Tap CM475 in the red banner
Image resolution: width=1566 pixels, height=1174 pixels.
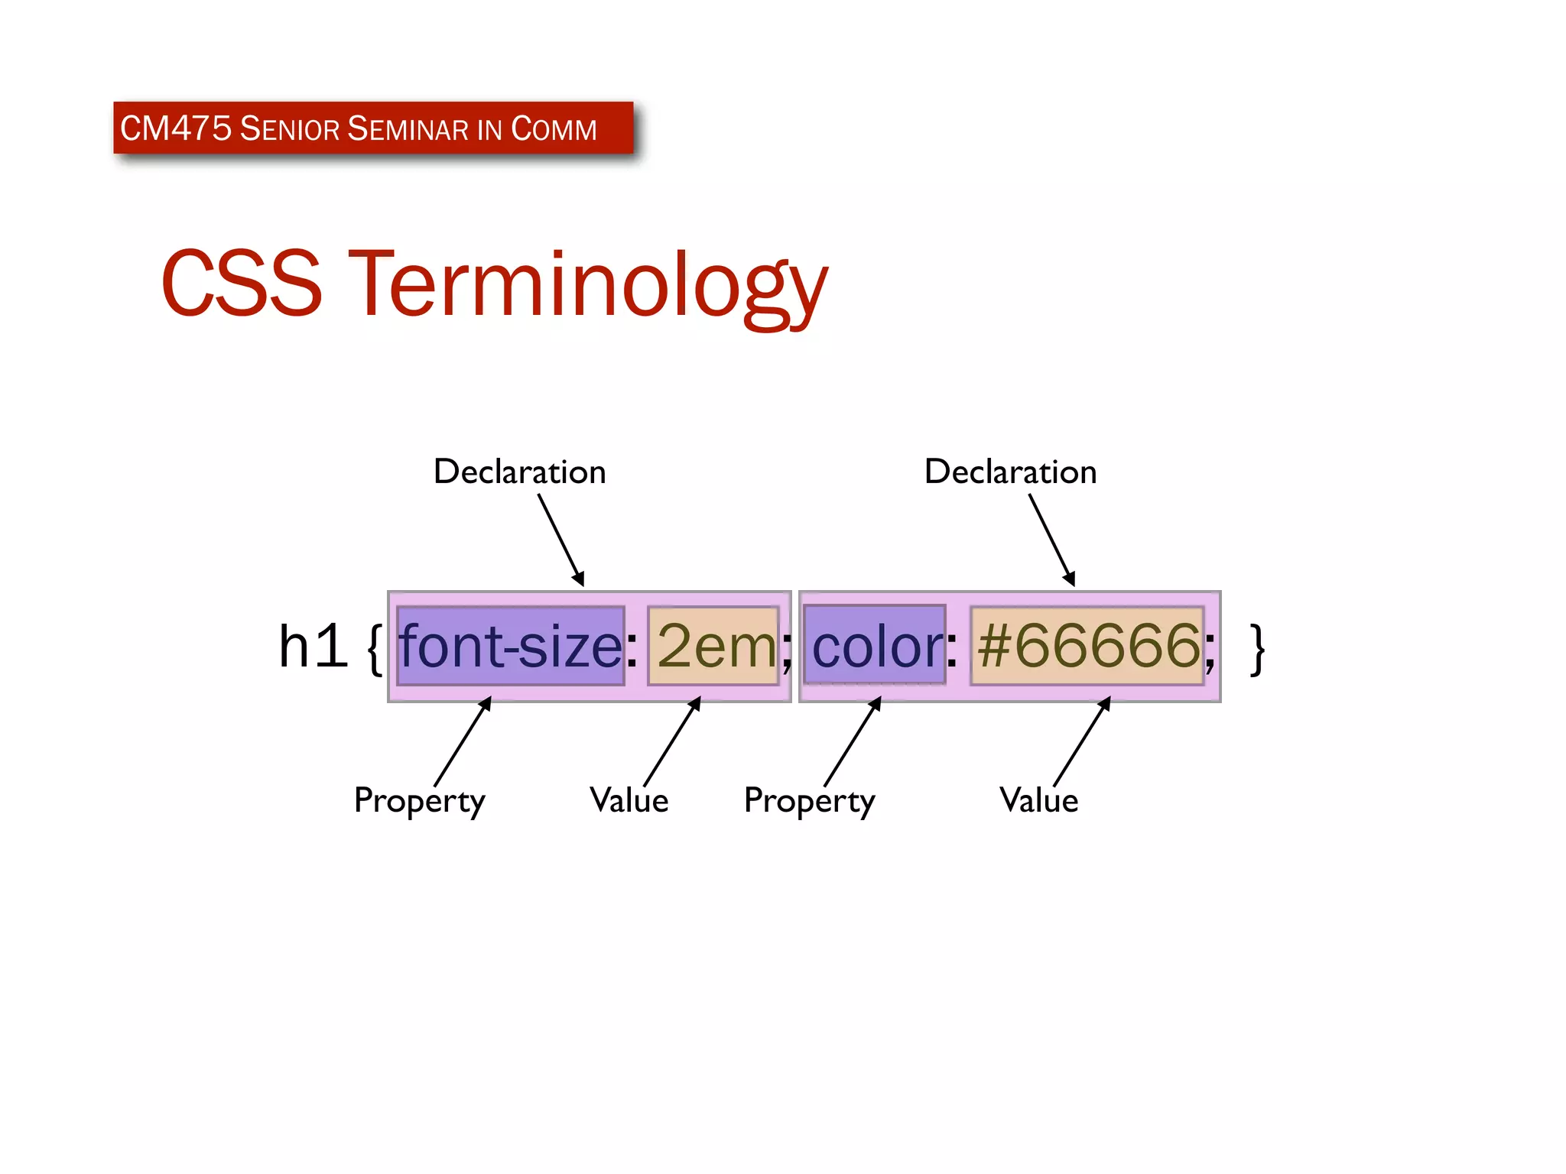[x=176, y=128]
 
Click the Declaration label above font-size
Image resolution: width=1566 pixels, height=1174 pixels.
[x=519, y=472]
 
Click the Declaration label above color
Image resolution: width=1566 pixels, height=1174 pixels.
[x=1010, y=472]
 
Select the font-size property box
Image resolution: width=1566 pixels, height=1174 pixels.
[x=511, y=646]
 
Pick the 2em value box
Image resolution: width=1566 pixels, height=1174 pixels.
[x=713, y=646]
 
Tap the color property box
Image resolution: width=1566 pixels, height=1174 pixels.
[x=875, y=646]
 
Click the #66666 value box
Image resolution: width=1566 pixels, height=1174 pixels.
[x=1087, y=646]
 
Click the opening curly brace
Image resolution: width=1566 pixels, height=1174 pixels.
[x=375, y=649]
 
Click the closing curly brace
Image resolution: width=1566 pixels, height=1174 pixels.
[x=1256, y=649]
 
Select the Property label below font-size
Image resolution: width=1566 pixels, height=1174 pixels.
[x=419, y=801]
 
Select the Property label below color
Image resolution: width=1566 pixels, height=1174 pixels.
[x=809, y=801]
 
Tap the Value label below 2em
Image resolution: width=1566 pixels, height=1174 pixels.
[x=629, y=800]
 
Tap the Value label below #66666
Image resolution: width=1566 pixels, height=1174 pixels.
[x=1038, y=800]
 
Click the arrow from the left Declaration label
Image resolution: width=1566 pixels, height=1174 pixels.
[x=560, y=540]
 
